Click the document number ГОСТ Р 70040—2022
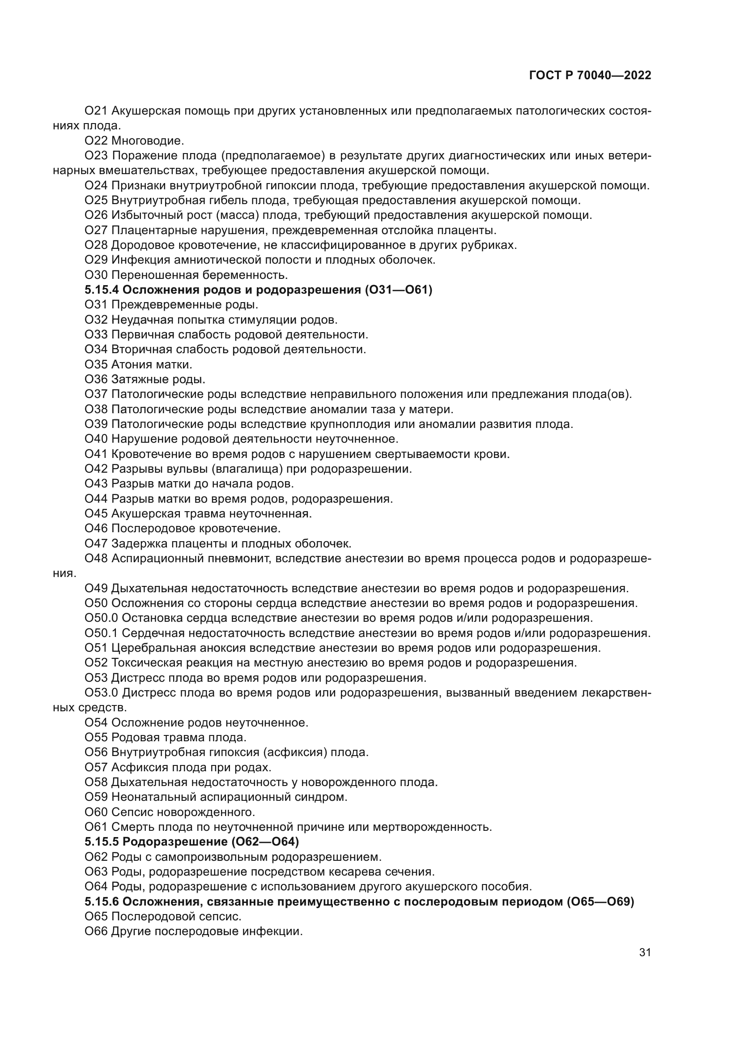pyautogui.click(x=590, y=76)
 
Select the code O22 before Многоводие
pyautogui.click(x=96, y=141)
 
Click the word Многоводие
pyautogui.click(x=147, y=141)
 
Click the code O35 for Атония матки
pyautogui.click(x=96, y=365)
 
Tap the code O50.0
pyautogui.click(x=102, y=618)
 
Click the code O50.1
pyautogui.click(x=102, y=633)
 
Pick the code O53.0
pyautogui.click(x=102, y=693)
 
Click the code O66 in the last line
pyautogui.click(x=96, y=931)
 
